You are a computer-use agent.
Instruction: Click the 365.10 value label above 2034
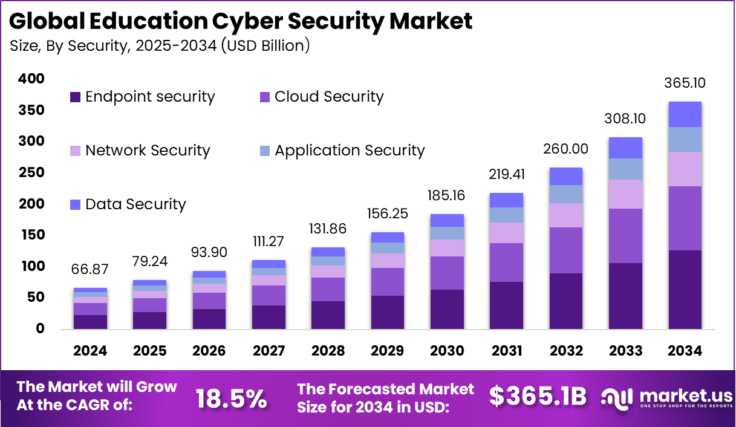tap(685, 83)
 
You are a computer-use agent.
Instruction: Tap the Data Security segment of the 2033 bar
tap(625, 148)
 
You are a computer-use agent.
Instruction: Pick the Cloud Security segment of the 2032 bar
tap(566, 250)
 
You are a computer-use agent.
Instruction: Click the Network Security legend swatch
tap(76, 151)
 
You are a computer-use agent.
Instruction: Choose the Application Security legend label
tap(350, 151)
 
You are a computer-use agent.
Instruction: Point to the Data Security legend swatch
tap(76, 204)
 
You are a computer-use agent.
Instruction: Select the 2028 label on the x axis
tap(328, 351)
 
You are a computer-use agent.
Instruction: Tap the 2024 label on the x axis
tap(90, 351)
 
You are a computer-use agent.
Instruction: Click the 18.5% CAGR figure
tap(232, 398)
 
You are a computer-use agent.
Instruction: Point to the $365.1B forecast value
tap(538, 397)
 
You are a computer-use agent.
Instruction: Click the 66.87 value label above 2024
tap(90, 270)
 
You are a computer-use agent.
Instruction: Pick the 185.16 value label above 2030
tap(447, 196)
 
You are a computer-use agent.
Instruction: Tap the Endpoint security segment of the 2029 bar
tap(387, 312)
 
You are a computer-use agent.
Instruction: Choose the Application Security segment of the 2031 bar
tap(506, 215)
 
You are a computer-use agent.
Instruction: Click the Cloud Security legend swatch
tap(265, 97)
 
